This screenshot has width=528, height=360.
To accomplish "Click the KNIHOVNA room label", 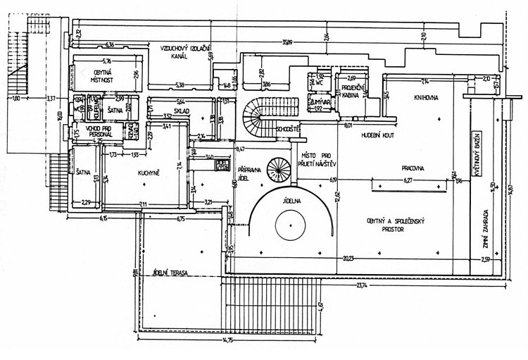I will (426, 98).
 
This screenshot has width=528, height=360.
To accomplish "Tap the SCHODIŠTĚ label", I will (289, 130).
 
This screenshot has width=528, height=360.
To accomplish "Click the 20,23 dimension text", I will (349, 257).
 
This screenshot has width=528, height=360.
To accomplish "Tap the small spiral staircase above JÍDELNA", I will (279, 168).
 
